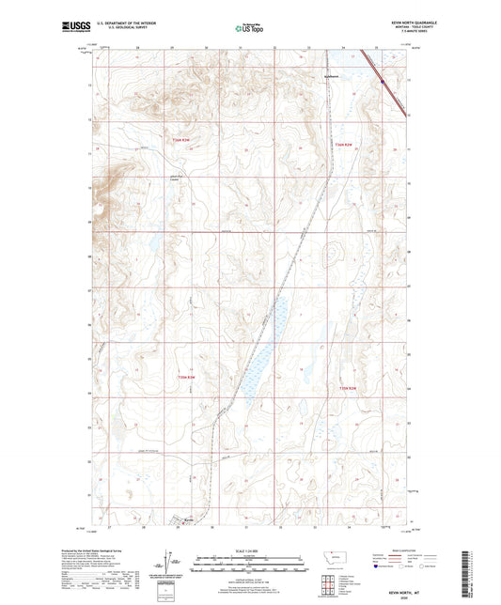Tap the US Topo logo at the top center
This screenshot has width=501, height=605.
(249, 29)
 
